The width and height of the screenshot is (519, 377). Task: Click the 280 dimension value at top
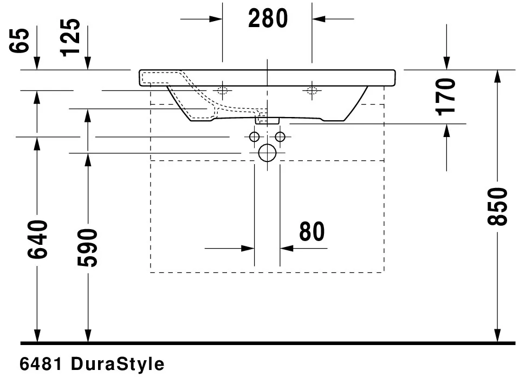click(268, 18)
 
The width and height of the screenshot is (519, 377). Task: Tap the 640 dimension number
click(37, 239)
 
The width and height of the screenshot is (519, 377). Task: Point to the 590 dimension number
click(87, 248)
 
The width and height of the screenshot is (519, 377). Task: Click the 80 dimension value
click(312, 231)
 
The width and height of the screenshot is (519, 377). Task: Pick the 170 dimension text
click(446, 96)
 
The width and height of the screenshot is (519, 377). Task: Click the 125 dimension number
click(70, 37)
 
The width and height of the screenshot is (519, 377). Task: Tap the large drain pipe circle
click(267, 153)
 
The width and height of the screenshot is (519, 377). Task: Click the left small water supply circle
click(255, 136)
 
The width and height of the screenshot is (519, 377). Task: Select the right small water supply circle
click(280, 136)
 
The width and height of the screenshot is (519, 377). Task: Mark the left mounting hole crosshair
click(222, 90)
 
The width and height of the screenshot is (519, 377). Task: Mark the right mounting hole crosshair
click(312, 90)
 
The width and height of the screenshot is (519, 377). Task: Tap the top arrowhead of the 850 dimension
click(496, 76)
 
